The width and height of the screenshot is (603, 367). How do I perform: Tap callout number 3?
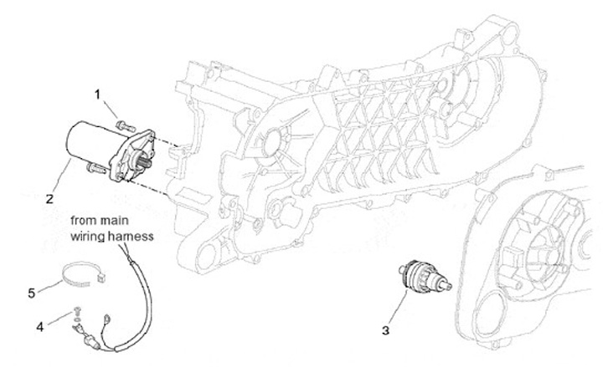click(386, 331)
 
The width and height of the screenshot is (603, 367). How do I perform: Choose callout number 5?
click(32, 293)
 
